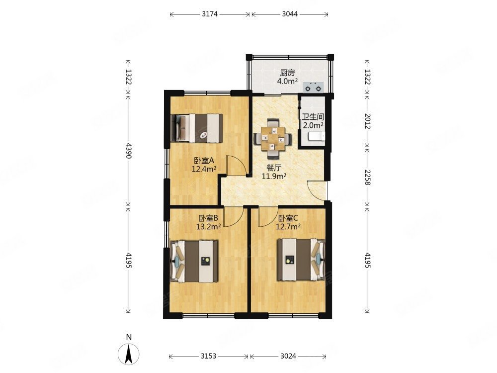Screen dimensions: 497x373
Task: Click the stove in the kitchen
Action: pyautogui.click(x=314, y=87)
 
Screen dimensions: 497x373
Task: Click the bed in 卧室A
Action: pyautogui.click(x=196, y=128)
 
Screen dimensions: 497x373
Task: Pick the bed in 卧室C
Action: pyautogui.click(x=301, y=260)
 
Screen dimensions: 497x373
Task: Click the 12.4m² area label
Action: pyautogui.click(x=204, y=169)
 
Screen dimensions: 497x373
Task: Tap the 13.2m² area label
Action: pyautogui.click(x=208, y=226)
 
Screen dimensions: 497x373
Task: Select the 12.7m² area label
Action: pyautogui.click(x=288, y=226)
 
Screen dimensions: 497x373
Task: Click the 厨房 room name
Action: pyautogui.click(x=287, y=73)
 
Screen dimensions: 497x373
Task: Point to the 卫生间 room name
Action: pyautogui.click(x=313, y=117)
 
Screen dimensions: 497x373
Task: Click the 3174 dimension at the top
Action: pyautogui.click(x=210, y=14)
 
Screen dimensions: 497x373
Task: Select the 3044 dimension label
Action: pyautogui.click(x=290, y=14)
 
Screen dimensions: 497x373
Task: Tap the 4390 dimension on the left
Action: pyautogui.click(x=128, y=151)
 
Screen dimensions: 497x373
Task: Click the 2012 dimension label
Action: pyautogui.click(x=367, y=121)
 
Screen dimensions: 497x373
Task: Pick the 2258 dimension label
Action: pyautogui.click(x=367, y=178)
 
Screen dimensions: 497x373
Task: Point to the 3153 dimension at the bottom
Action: pyautogui.click(x=208, y=356)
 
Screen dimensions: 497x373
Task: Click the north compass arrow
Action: pyautogui.click(x=129, y=354)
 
